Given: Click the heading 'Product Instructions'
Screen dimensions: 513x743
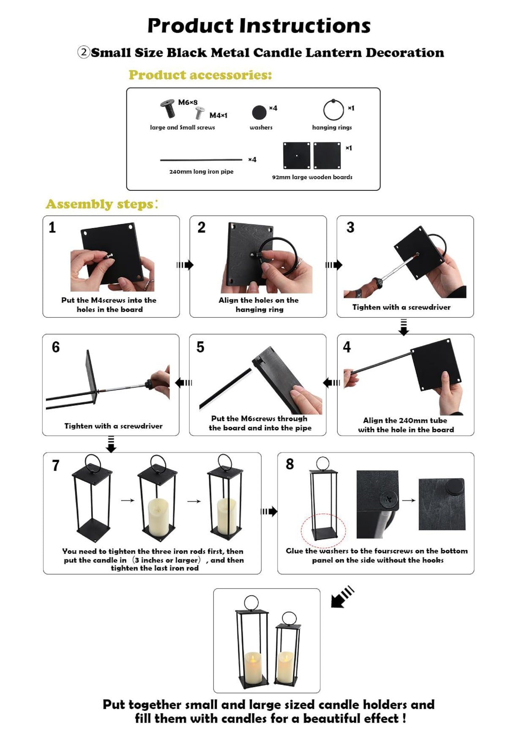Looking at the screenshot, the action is point(259,26).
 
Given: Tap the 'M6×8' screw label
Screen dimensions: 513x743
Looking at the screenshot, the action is point(188,102).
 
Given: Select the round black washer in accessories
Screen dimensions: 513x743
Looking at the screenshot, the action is point(259,112).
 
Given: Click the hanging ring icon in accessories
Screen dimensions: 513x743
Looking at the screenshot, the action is point(333,110).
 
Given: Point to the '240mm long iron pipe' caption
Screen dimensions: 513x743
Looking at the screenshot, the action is point(201,172).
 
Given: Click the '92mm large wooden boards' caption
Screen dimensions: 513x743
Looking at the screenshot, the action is point(312,177).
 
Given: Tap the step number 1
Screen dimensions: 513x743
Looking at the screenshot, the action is point(52,228).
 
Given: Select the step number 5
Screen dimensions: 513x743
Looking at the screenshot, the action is point(200,347).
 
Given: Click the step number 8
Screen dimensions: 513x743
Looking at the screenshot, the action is point(289,464).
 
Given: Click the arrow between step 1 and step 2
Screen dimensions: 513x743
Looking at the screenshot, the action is point(185,265).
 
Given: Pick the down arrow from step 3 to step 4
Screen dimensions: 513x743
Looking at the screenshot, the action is point(404,327).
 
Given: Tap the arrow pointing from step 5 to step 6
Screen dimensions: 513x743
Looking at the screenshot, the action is point(183,383).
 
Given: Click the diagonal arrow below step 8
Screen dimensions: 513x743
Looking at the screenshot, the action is point(342,597).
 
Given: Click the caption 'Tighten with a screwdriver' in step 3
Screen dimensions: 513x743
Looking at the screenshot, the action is point(401,307).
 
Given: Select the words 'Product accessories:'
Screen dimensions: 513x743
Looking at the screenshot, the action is point(200,75).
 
